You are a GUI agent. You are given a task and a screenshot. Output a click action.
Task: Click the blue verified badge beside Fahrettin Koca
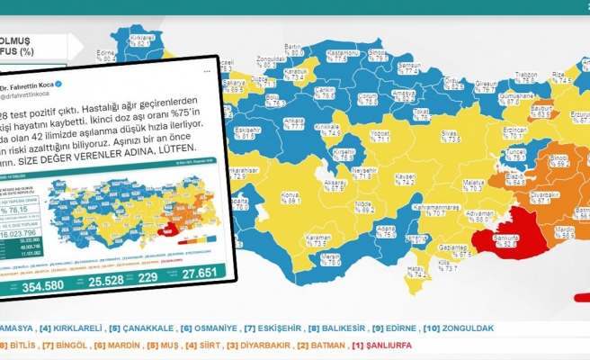pos(58,84)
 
